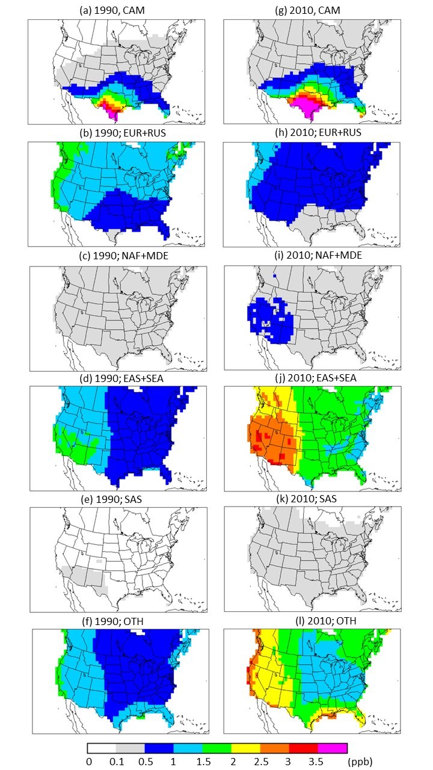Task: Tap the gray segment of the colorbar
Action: [131, 748]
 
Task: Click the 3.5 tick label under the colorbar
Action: [319, 762]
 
